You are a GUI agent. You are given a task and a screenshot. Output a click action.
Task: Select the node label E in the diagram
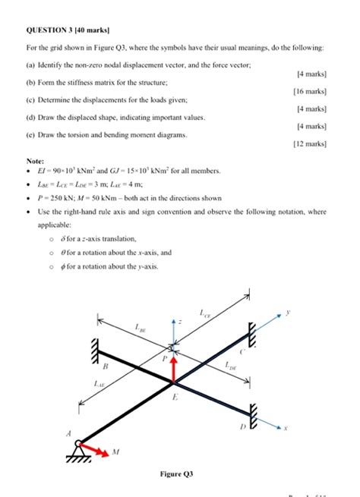click(x=175, y=396)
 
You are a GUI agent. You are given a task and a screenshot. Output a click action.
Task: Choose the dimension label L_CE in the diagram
click(x=206, y=312)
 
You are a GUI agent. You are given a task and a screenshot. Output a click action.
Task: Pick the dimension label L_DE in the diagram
click(x=231, y=366)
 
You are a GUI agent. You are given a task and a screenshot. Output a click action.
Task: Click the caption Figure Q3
click(x=176, y=474)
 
